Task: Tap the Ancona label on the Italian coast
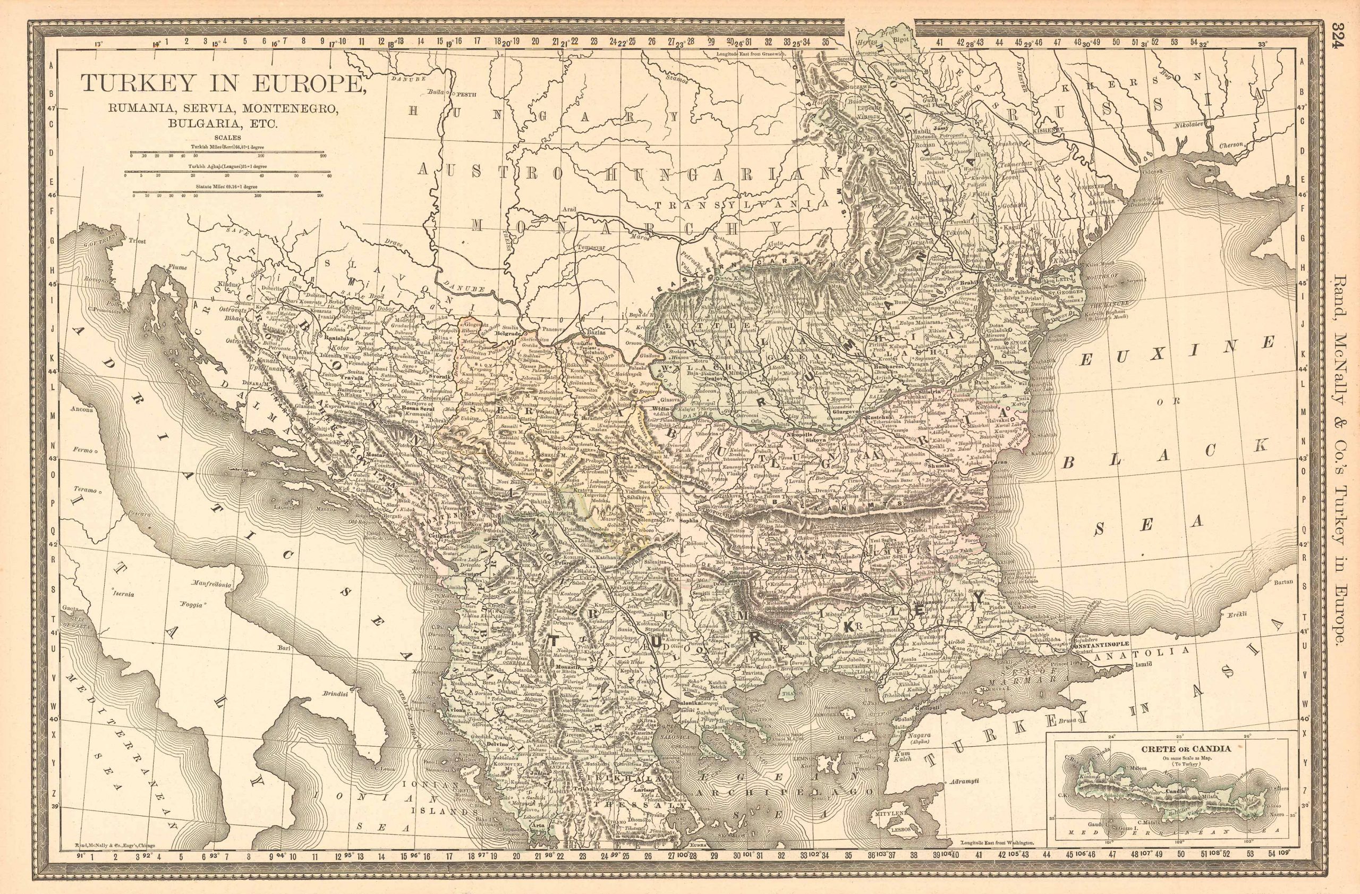click(x=82, y=409)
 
